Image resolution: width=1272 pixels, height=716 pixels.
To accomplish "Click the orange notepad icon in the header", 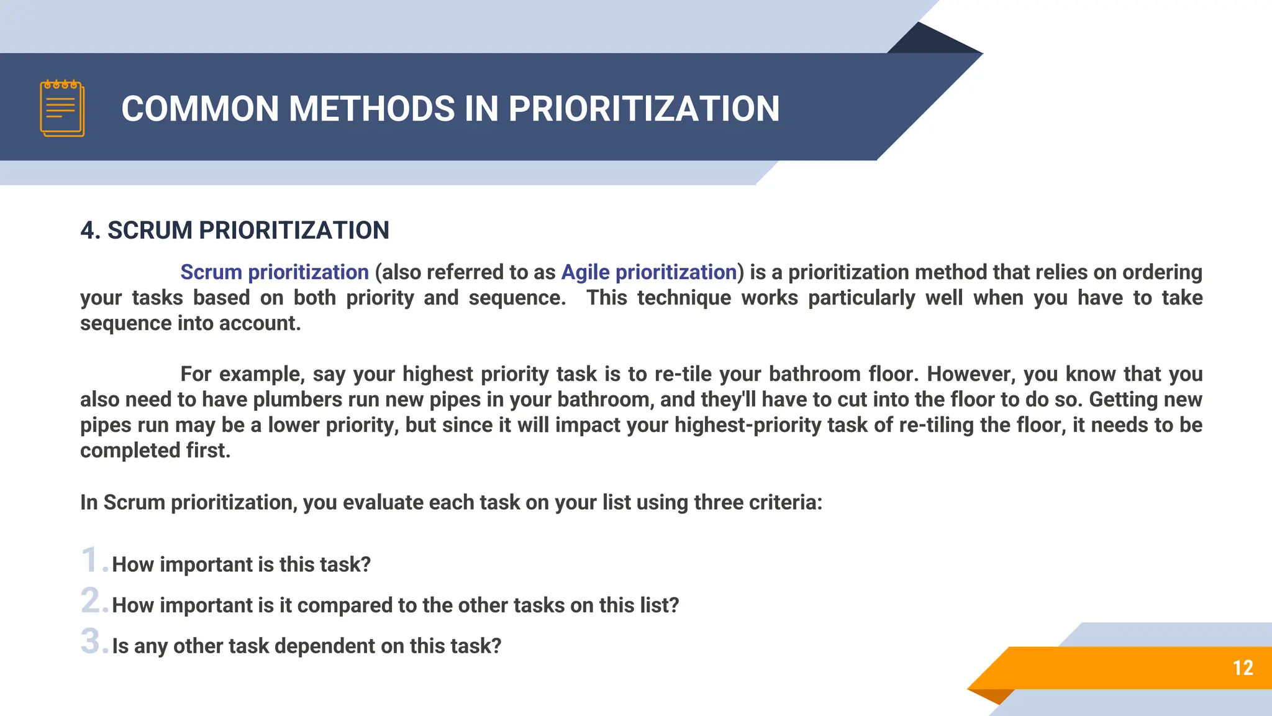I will pos(62,108).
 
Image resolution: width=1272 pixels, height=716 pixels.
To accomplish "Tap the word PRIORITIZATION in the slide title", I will pos(644,109).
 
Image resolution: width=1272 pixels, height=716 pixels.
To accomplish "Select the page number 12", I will pos(1243,668).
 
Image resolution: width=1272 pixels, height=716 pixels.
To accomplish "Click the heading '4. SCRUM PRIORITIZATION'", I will pos(235,231).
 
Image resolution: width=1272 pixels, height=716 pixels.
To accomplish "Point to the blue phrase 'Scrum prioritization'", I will pos(275,272).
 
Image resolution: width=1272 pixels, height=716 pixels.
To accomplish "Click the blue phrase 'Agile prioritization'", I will pos(649,272).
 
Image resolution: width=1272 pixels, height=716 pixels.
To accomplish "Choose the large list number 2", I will pos(92,600).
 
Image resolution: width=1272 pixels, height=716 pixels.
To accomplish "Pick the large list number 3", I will pos(92,641).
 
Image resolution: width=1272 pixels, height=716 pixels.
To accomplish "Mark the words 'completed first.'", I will pos(155,451).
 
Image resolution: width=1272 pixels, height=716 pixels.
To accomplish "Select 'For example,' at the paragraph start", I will pos(242,374).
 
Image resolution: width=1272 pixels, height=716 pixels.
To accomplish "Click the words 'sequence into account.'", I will pos(190,323).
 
